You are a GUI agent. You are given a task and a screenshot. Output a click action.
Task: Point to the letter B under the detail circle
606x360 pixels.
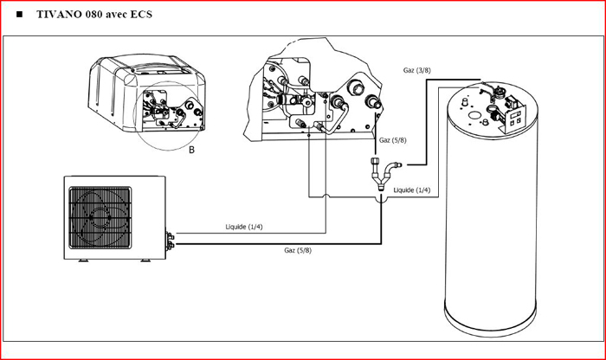tap(192, 149)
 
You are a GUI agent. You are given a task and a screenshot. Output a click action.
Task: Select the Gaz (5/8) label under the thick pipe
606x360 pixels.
tap(297, 251)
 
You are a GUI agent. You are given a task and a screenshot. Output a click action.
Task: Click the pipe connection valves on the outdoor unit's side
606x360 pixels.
tap(171, 240)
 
